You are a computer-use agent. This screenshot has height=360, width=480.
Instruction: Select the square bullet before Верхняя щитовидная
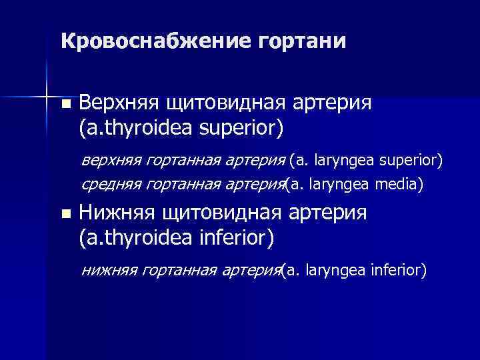(64, 105)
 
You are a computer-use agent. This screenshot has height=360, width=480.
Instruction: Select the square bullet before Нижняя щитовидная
(64, 215)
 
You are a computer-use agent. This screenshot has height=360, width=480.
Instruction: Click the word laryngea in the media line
(340, 183)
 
